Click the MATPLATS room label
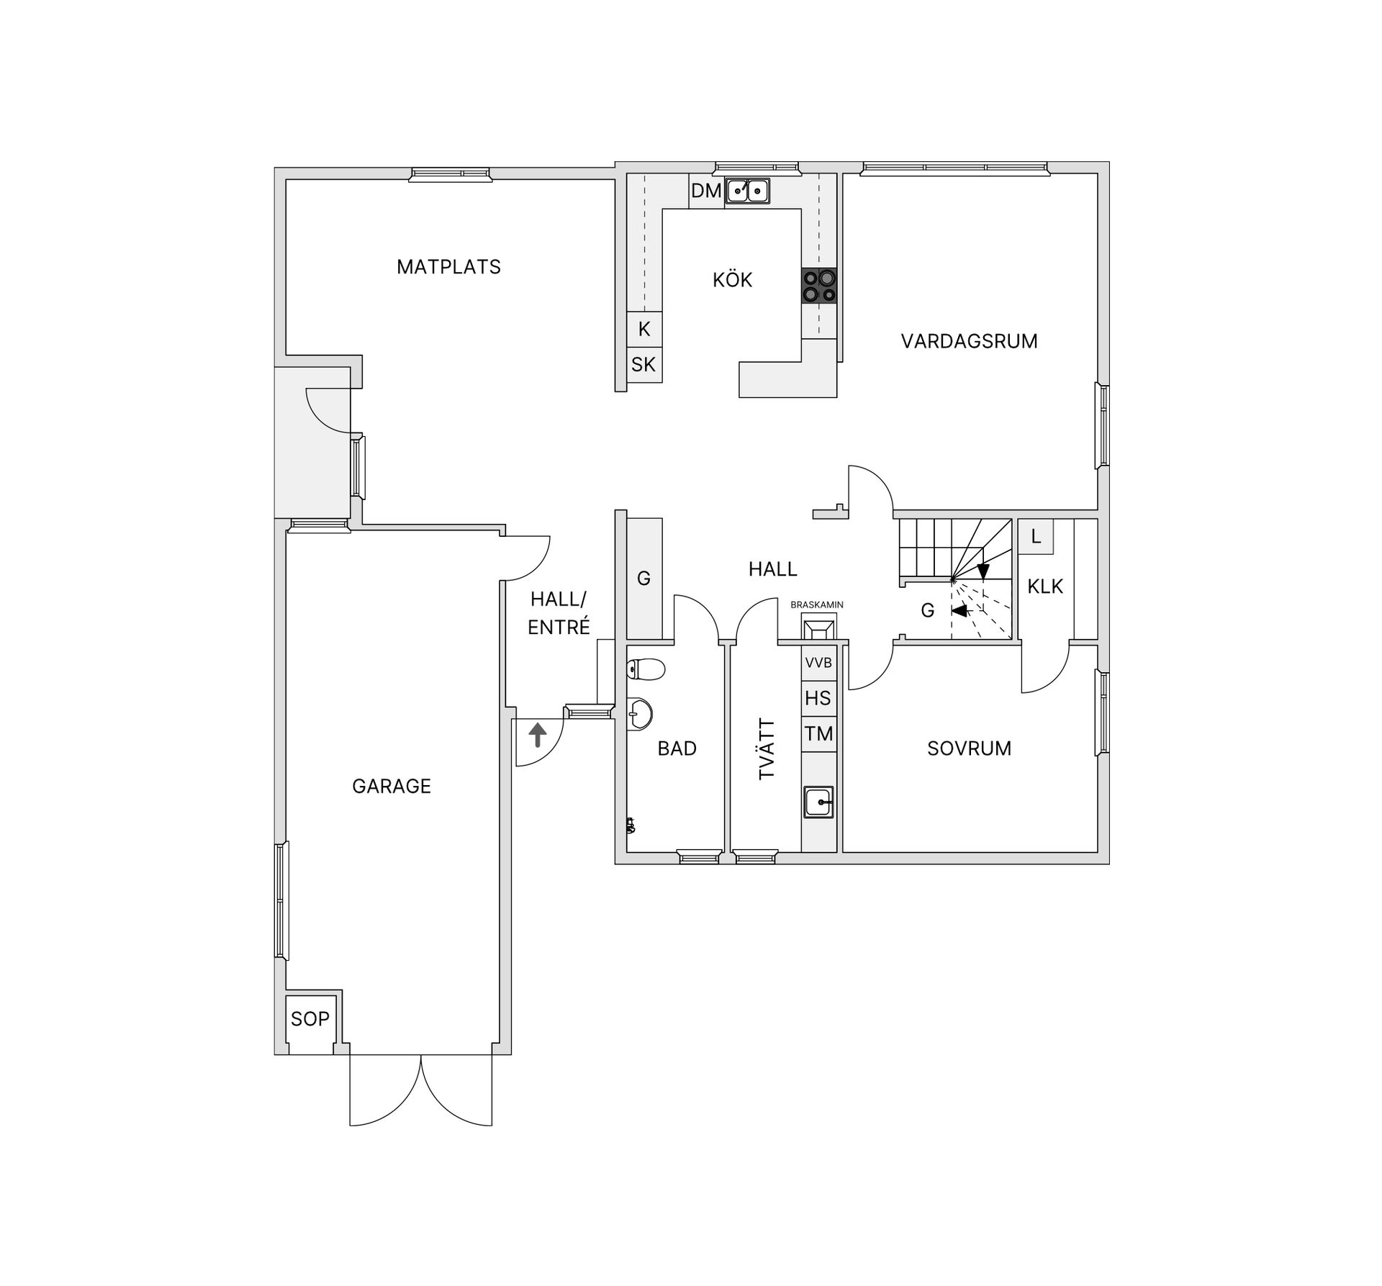pyautogui.click(x=448, y=267)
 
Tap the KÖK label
pyautogui.click(x=732, y=280)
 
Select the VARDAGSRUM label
pyautogui.click(x=969, y=341)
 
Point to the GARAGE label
pyautogui.click(x=392, y=787)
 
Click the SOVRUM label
pyautogui.click(x=969, y=748)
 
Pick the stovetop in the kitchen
pyautogui.click(x=819, y=285)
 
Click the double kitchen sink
pyautogui.click(x=747, y=191)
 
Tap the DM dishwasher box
pyautogui.click(x=706, y=191)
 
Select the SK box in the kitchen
pyautogui.click(x=643, y=365)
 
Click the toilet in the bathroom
pyautogui.click(x=646, y=670)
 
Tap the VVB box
pyautogui.click(x=819, y=663)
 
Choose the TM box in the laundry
pyautogui.click(x=819, y=734)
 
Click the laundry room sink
pyautogui.click(x=819, y=801)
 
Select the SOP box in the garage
pyautogui.click(x=310, y=1019)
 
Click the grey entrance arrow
pyautogui.click(x=538, y=735)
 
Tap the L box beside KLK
pyautogui.click(x=1036, y=537)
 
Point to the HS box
pyautogui.click(x=819, y=698)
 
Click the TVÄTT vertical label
pyautogui.click(x=767, y=748)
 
